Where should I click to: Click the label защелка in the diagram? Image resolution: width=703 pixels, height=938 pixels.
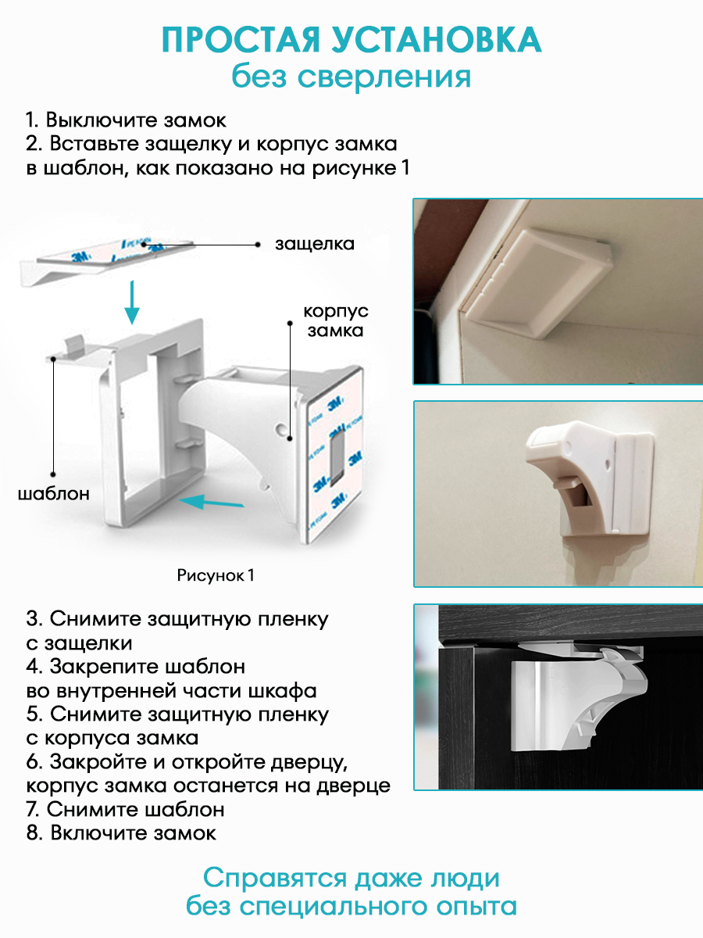[314, 244]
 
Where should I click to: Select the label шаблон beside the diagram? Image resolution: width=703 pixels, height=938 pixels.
[53, 493]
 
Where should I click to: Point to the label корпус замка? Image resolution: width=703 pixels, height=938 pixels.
[336, 320]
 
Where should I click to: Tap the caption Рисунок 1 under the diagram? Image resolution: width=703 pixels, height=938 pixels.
[216, 575]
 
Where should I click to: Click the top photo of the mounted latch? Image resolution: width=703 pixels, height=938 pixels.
[557, 291]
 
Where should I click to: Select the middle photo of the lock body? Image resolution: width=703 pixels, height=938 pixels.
[557, 494]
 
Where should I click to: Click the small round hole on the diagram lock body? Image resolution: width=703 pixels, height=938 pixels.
[280, 428]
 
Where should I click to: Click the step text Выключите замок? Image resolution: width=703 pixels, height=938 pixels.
[136, 121]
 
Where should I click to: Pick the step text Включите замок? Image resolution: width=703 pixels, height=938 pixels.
[133, 833]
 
